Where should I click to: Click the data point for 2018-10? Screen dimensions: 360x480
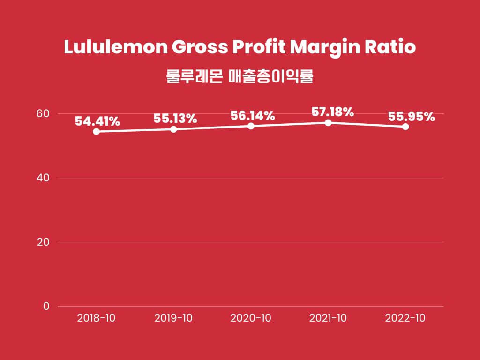click(x=96, y=131)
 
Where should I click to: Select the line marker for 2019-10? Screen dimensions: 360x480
click(x=173, y=129)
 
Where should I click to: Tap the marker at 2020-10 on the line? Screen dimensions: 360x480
click(x=251, y=126)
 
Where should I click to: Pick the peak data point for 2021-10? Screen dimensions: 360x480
click(x=328, y=122)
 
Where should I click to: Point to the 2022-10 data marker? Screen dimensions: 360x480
click(x=405, y=127)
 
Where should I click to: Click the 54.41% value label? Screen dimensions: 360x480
click(x=97, y=121)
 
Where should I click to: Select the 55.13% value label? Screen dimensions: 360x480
click(x=175, y=119)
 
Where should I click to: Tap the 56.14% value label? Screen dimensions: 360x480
click(x=252, y=116)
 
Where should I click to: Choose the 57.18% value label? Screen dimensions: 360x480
click(x=332, y=112)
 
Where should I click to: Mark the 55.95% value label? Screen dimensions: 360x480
click(x=411, y=117)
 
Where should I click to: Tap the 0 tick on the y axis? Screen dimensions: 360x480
click(x=46, y=306)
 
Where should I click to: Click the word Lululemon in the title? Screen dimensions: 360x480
click(x=115, y=48)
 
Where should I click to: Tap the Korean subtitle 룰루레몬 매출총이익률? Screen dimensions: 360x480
click(x=240, y=76)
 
